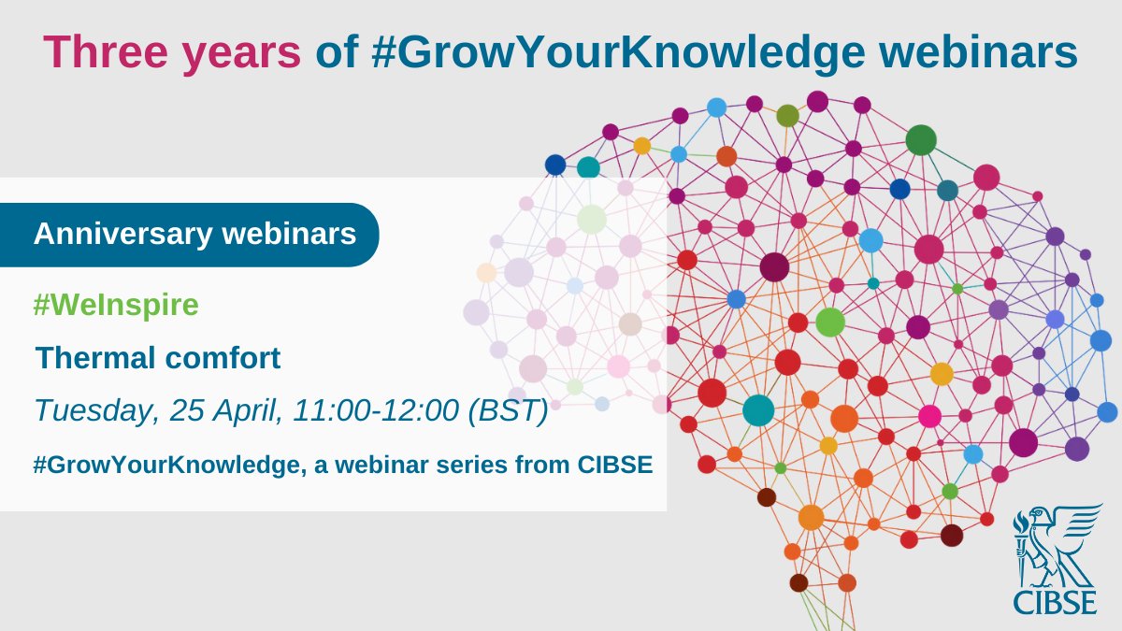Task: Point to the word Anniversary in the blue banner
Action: point(122,234)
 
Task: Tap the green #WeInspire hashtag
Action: point(116,306)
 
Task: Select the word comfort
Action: point(227,358)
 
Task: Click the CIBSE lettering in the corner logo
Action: point(1057,599)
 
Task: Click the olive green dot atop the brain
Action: point(787,115)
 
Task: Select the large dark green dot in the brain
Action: point(921,140)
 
